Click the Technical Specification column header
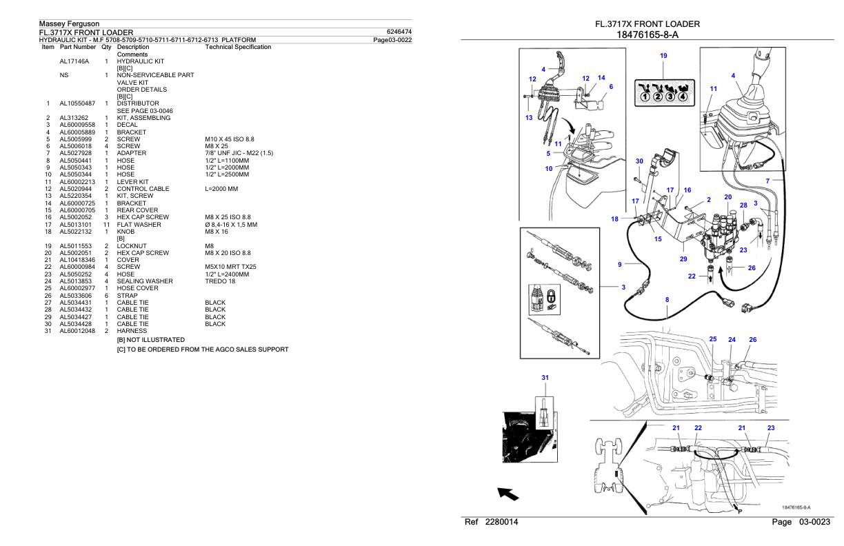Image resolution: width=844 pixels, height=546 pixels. pyautogui.click(x=238, y=47)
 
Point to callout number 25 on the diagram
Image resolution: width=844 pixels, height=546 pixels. pyautogui.click(x=713, y=339)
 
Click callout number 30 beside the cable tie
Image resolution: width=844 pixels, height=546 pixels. pyautogui.click(x=639, y=161)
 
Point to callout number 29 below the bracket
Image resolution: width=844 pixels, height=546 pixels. pyautogui.click(x=683, y=259)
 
